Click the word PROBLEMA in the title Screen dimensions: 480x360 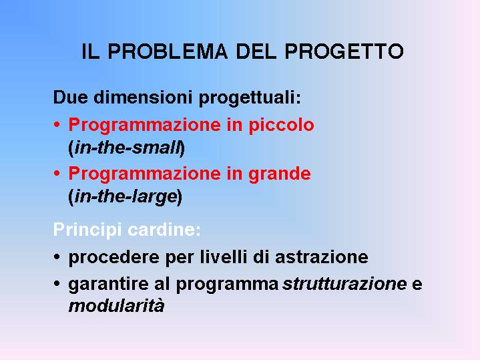[x=168, y=51]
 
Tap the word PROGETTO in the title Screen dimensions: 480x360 [x=344, y=51]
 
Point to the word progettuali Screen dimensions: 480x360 [x=250, y=98]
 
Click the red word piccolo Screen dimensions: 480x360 [x=281, y=126]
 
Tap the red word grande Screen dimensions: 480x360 [x=280, y=174]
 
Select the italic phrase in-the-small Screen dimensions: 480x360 [x=127, y=148]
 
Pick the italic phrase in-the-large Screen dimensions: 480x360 [x=126, y=197]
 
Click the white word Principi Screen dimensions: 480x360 [x=87, y=230]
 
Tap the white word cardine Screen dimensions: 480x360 [x=164, y=230]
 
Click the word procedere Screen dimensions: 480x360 [x=113, y=257]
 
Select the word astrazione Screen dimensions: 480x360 [x=322, y=256]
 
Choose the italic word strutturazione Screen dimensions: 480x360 [x=344, y=284]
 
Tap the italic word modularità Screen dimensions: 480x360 [x=116, y=306]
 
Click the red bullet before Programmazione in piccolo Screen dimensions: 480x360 [x=57, y=125]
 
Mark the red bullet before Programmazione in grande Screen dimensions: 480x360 [x=57, y=174]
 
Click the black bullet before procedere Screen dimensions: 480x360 [x=57, y=256]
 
